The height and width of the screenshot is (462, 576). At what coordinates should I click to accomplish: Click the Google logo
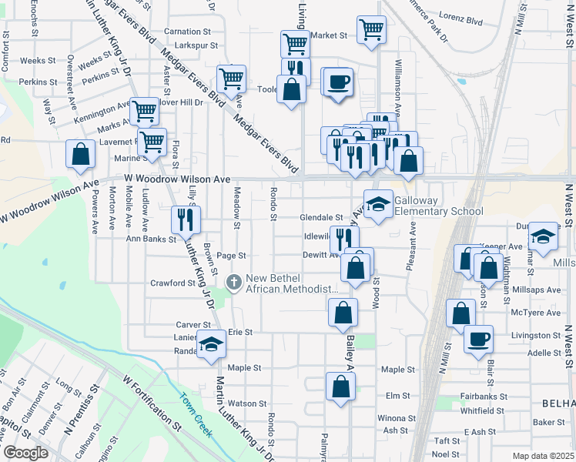click(25, 454)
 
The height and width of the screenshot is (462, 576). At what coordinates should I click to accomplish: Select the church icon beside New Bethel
click(234, 283)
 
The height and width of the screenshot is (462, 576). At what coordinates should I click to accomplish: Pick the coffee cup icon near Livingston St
click(478, 338)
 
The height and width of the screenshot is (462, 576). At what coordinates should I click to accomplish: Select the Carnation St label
click(188, 32)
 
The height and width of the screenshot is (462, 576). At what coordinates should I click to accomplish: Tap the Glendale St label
click(320, 218)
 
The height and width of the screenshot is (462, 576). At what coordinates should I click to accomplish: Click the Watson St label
click(246, 403)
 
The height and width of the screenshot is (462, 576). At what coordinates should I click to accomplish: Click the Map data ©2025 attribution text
click(544, 456)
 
